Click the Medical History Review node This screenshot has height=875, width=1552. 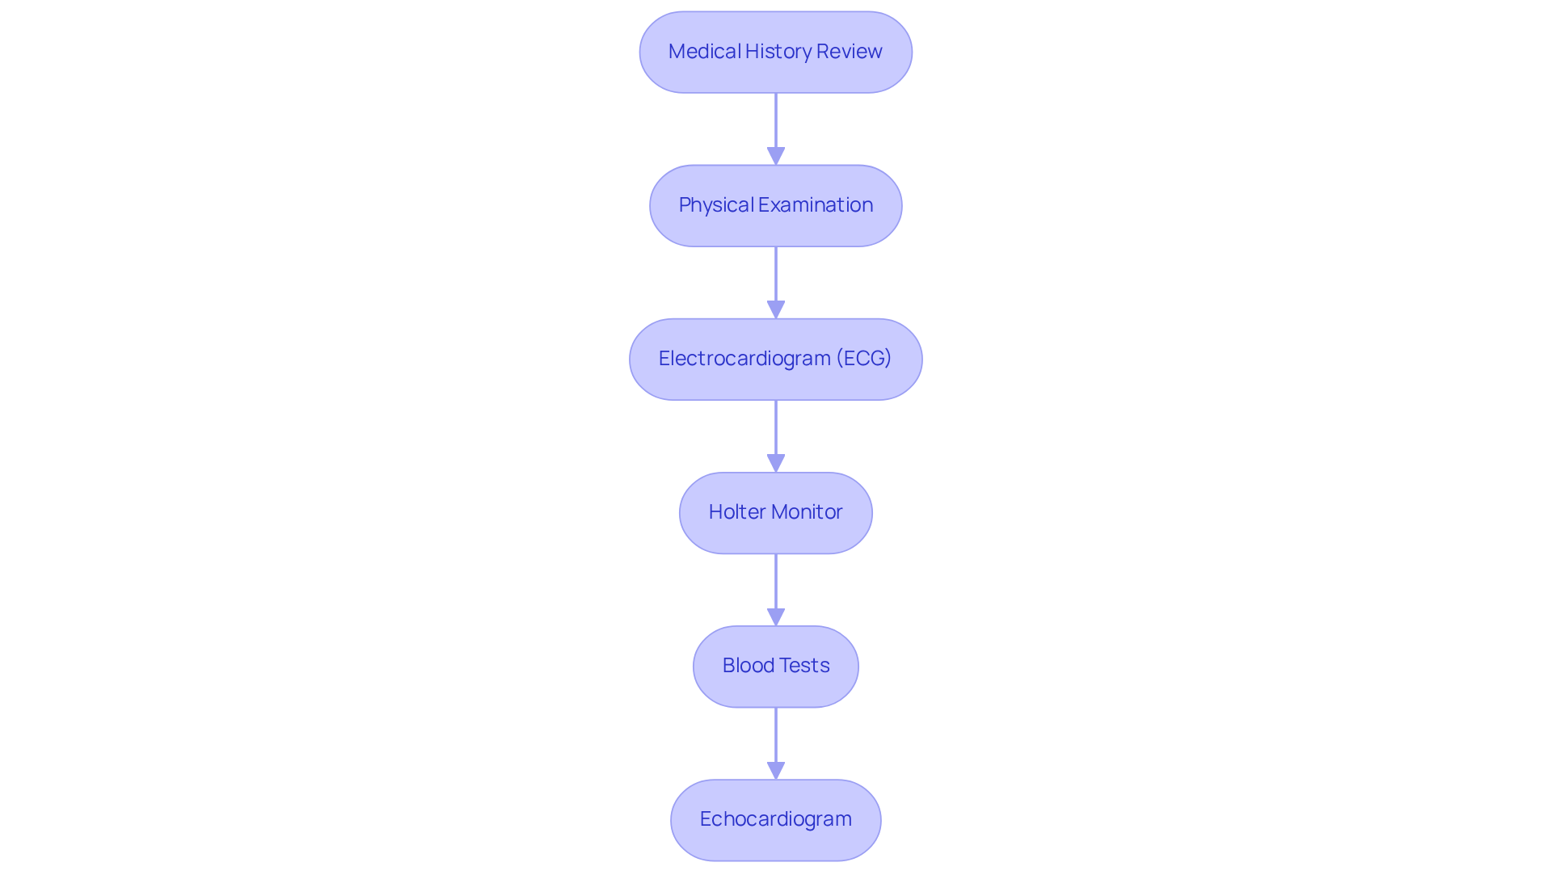(x=776, y=52)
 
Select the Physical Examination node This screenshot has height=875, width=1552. (x=776, y=205)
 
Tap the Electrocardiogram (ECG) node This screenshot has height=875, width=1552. (x=776, y=359)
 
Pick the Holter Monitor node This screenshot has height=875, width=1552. (x=776, y=512)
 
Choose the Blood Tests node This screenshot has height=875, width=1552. (x=776, y=666)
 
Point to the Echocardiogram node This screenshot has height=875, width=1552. (x=776, y=819)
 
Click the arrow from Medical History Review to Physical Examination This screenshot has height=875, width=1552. (x=776, y=129)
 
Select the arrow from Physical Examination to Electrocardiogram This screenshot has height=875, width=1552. (x=776, y=283)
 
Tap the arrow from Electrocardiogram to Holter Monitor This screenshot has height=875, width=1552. (x=776, y=436)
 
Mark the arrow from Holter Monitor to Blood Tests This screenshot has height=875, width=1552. (x=776, y=590)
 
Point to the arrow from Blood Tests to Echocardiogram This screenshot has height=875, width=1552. (x=776, y=743)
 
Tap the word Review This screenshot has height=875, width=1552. (x=850, y=51)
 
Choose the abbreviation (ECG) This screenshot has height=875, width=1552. (x=864, y=358)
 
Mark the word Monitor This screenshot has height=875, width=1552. (x=804, y=511)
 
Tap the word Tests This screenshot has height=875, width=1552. (x=803, y=665)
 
